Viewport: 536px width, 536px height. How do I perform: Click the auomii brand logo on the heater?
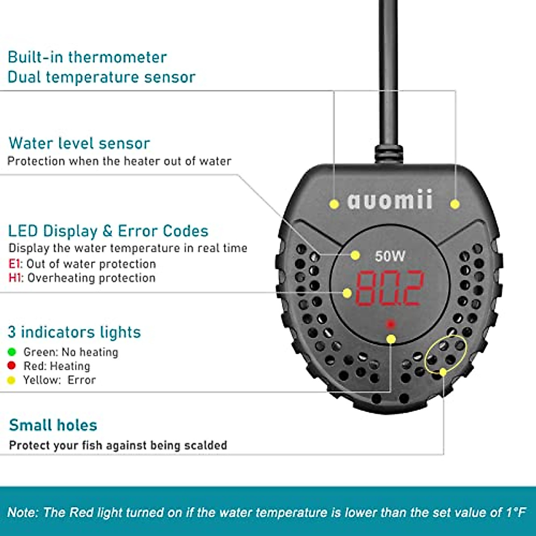click(x=390, y=200)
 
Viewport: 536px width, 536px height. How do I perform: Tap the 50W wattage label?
click(x=390, y=256)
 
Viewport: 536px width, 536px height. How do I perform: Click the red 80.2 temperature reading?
click(x=389, y=288)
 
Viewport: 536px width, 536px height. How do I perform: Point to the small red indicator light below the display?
click(x=391, y=324)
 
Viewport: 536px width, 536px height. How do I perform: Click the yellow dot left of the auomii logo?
click(x=334, y=204)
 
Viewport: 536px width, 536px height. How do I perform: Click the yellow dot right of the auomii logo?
click(x=455, y=204)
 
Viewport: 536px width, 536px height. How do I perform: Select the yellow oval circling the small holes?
click(x=445, y=356)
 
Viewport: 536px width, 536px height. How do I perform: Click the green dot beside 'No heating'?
click(x=12, y=352)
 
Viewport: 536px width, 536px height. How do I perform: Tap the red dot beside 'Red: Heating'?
click(x=12, y=366)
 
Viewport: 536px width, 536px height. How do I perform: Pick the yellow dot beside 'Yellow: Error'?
click(x=12, y=380)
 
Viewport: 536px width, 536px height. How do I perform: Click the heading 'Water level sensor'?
click(x=79, y=143)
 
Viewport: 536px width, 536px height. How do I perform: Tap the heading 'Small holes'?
click(x=53, y=425)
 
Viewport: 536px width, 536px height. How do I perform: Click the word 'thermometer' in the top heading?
click(x=117, y=57)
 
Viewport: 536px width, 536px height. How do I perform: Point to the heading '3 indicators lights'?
click(x=74, y=332)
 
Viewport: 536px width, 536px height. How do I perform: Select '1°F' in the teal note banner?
click(x=516, y=512)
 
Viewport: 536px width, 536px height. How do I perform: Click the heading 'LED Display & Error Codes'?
click(x=108, y=231)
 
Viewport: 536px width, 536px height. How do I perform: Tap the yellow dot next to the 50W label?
click(x=355, y=255)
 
